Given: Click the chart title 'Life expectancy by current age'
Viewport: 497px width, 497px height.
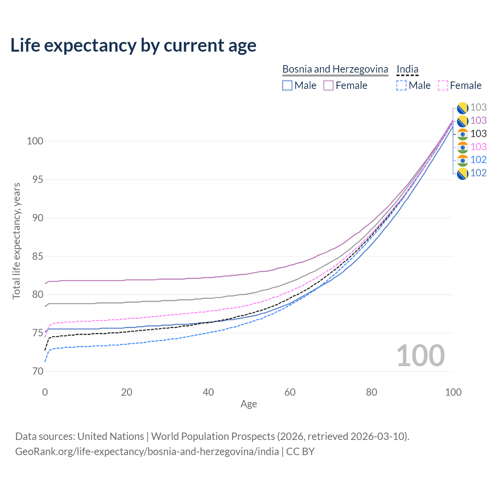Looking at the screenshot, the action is (x=133, y=45).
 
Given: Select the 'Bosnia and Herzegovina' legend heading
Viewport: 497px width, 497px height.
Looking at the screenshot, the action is (x=335, y=69).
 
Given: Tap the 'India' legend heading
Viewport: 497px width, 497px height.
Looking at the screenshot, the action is (x=407, y=69).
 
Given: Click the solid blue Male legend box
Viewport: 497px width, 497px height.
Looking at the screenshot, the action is (x=287, y=85).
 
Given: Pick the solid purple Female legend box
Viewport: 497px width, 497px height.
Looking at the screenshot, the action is (x=328, y=85).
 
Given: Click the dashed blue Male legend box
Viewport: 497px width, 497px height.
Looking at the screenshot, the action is (x=401, y=85).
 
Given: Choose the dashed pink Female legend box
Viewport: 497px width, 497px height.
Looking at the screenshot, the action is (x=443, y=85).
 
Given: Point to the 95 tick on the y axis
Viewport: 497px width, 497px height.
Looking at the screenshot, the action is (x=38, y=179).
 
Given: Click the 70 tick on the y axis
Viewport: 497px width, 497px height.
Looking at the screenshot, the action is (x=38, y=372).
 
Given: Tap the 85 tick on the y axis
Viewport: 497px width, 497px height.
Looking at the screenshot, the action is (x=38, y=256).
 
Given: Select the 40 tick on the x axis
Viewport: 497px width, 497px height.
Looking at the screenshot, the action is (x=208, y=392).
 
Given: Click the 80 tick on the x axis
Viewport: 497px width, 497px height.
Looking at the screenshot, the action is (x=372, y=392).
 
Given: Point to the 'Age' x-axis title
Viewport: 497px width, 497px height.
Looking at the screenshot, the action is (x=248, y=404).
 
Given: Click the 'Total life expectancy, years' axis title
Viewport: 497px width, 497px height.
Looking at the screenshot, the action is (x=16, y=241).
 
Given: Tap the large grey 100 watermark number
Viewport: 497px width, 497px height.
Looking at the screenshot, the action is (x=421, y=356).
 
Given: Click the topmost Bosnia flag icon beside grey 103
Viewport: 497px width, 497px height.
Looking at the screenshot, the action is (x=462, y=108).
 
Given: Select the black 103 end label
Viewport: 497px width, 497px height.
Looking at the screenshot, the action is (x=478, y=134).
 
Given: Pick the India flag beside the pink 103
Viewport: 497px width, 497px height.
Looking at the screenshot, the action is (x=462, y=148).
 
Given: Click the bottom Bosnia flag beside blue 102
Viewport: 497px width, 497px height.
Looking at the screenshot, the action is (x=462, y=174).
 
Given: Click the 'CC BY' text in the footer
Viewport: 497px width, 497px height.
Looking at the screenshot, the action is (x=300, y=452).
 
